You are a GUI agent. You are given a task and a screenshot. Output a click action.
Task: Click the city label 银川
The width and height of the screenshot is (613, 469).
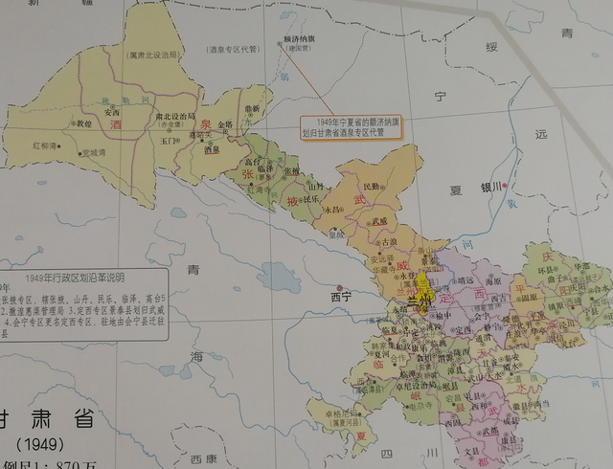pos(492,188)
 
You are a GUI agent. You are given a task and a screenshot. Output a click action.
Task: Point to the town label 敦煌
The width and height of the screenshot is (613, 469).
pos(84,123)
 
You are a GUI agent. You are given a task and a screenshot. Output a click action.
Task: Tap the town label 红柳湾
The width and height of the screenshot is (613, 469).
pos(46,145)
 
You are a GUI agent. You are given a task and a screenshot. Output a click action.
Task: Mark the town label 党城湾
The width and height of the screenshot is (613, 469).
pos(93,151)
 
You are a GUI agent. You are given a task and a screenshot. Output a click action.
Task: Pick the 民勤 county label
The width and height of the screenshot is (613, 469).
pos(374,186)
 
